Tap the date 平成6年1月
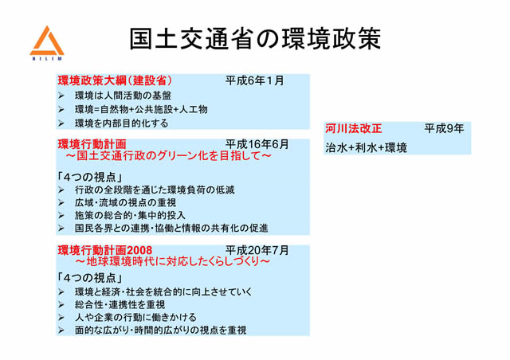(x=254, y=81)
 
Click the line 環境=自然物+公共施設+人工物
(x=141, y=109)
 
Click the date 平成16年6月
(x=257, y=144)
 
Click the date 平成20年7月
(x=257, y=250)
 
